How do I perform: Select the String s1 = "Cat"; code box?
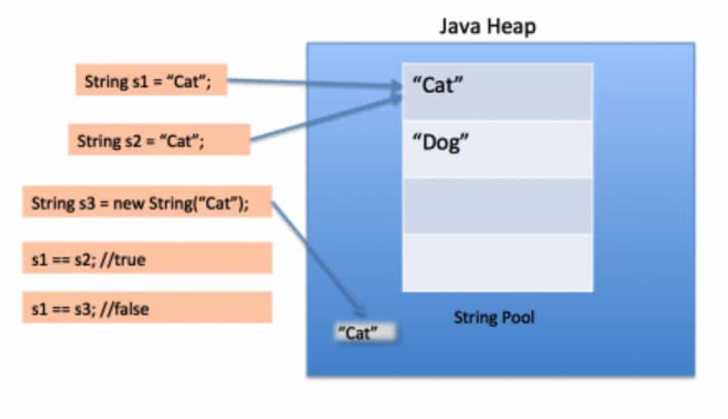pyautogui.click(x=151, y=81)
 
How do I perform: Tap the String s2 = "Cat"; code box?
pyautogui.click(x=158, y=140)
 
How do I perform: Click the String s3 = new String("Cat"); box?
pyautogui.click(x=147, y=202)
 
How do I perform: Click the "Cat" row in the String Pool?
pyautogui.click(x=497, y=92)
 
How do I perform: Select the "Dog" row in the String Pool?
pyautogui.click(x=497, y=149)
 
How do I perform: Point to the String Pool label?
pyautogui.click(x=494, y=317)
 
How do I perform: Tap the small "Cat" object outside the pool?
pyautogui.click(x=363, y=333)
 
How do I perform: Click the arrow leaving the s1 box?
pyautogui.click(x=314, y=83)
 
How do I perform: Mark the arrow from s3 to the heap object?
pyautogui.click(x=318, y=257)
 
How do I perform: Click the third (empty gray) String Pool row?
pyautogui.click(x=497, y=206)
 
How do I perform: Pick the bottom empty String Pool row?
pyautogui.click(x=497, y=262)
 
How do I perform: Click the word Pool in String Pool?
pyautogui.click(x=517, y=317)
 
